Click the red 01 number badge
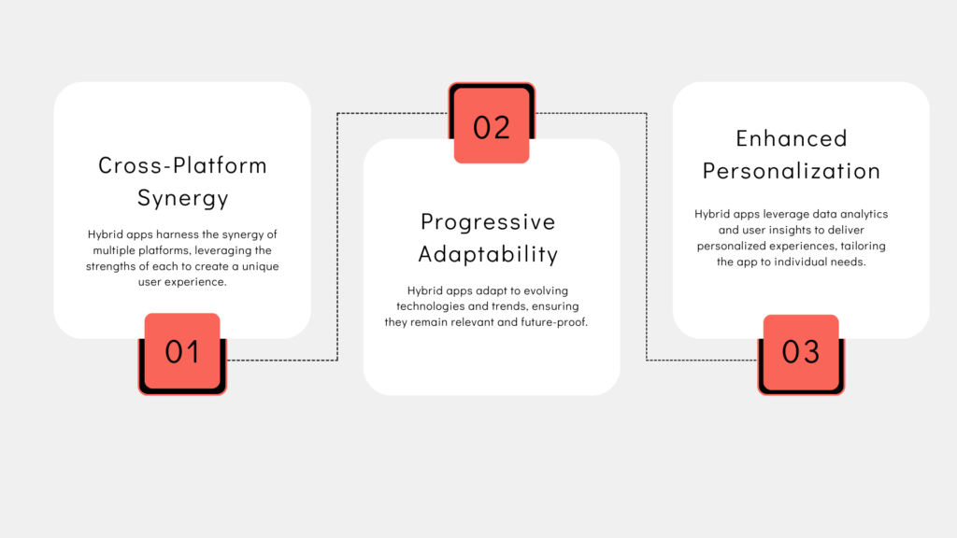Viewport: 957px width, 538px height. [x=182, y=352]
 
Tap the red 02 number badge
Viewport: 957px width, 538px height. [x=492, y=126]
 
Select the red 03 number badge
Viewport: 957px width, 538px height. [x=801, y=352]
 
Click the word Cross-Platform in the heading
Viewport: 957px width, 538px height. [x=182, y=165]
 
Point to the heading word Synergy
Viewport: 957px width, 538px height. [x=182, y=198]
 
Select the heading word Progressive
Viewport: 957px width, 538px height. [x=488, y=221]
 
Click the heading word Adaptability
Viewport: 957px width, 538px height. [x=488, y=254]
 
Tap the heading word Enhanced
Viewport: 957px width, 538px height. [x=792, y=138]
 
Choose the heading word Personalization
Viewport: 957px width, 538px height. [x=792, y=171]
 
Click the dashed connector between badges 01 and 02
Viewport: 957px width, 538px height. [x=337, y=234]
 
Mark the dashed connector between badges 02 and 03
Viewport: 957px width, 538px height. [x=647, y=234]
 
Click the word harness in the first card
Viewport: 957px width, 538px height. [x=176, y=234]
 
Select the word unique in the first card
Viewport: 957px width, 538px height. [x=260, y=267]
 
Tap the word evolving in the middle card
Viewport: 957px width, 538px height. [x=545, y=290]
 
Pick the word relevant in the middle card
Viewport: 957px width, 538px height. [x=478, y=323]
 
